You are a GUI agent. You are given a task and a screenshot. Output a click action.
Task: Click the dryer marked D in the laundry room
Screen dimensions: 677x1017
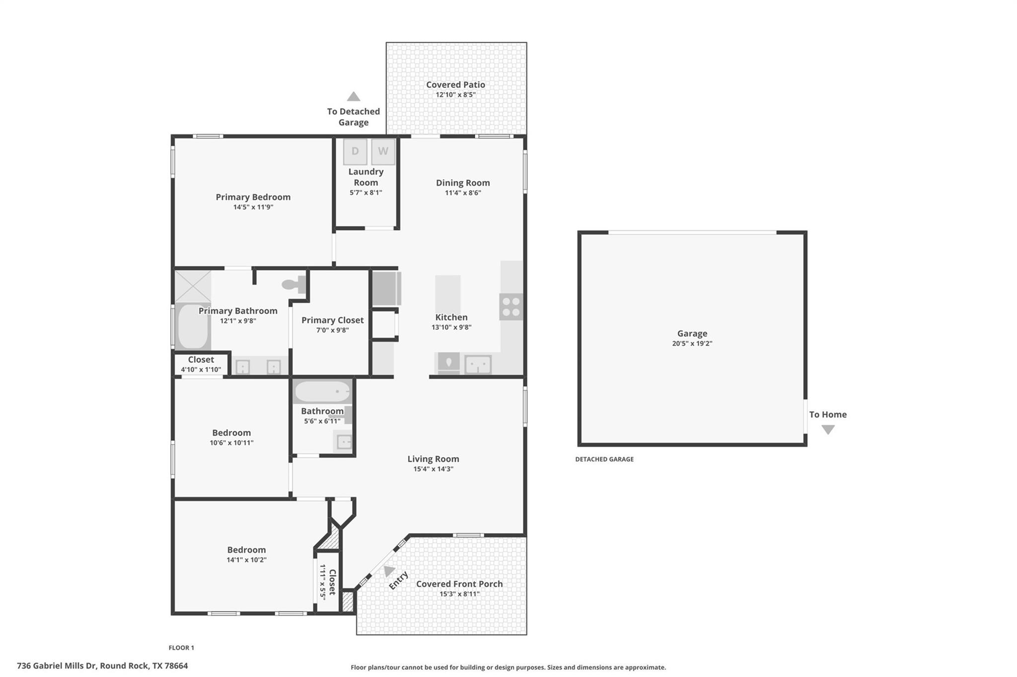tap(355, 151)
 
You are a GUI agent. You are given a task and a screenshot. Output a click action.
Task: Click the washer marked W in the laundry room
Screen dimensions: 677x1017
tap(383, 151)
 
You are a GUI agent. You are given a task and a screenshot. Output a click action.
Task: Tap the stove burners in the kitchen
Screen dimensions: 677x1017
tap(511, 307)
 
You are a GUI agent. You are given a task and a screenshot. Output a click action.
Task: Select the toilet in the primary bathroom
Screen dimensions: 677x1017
tap(293, 284)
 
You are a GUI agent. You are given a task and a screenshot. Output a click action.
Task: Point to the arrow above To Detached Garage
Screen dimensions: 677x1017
tap(353, 96)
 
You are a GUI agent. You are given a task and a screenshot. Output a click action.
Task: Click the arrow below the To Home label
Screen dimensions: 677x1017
tap(828, 430)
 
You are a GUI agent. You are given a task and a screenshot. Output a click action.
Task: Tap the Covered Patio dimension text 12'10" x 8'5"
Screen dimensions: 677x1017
tap(455, 95)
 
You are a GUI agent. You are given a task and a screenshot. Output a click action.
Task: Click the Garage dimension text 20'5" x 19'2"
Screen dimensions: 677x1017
tap(692, 343)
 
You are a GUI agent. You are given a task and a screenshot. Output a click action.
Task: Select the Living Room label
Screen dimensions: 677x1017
tap(433, 459)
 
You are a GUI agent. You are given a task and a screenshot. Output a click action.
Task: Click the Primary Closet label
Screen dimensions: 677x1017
tap(332, 320)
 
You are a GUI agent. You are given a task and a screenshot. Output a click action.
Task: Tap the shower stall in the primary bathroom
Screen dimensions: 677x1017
tap(192, 286)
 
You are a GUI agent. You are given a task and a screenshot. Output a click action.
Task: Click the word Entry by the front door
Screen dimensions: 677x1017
tap(398, 580)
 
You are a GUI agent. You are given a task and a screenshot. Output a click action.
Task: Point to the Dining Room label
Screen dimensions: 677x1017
tap(463, 183)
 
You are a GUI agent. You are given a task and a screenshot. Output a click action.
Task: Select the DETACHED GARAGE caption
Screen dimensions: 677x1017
tap(604, 459)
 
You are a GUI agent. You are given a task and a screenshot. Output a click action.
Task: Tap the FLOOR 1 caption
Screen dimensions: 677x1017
tap(181, 648)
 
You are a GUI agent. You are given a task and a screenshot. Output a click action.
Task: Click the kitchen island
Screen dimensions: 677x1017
tap(448, 294)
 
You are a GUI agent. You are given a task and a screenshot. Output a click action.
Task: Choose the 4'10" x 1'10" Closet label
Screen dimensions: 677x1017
tap(201, 359)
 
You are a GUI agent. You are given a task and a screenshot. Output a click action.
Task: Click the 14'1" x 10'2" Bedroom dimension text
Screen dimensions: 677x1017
tap(246, 560)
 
